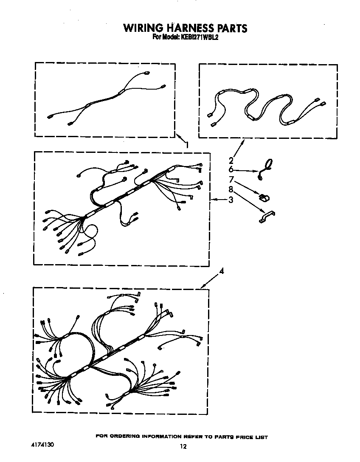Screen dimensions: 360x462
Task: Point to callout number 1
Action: click(x=186, y=145)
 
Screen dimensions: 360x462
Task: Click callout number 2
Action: click(x=231, y=161)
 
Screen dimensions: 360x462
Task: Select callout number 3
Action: click(x=231, y=200)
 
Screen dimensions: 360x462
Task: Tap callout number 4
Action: click(x=222, y=271)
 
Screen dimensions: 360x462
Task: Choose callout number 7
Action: click(x=231, y=180)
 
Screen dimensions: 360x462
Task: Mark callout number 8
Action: click(x=231, y=189)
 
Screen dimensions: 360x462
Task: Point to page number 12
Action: click(x=183, y=447)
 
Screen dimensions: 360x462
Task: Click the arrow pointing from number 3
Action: click(x=219, y=200)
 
